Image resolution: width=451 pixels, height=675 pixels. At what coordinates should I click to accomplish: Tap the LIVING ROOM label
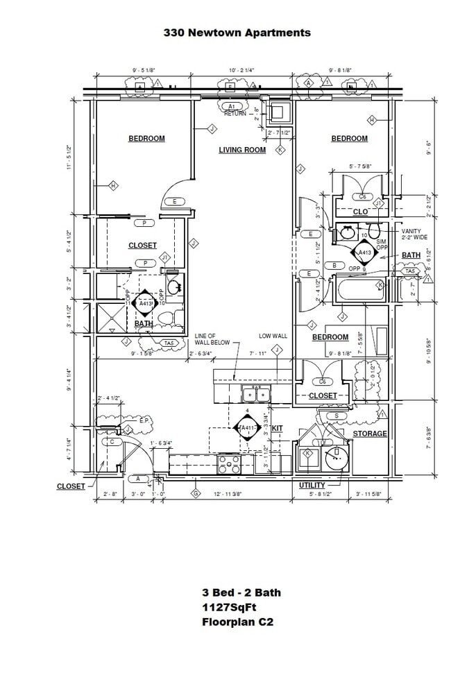click(242, 150)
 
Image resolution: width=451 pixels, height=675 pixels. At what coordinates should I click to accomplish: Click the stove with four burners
click(229, 461)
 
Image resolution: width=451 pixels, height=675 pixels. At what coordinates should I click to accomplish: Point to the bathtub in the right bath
click(360, 288)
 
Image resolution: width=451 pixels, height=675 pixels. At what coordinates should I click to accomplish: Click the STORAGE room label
click(369, 434)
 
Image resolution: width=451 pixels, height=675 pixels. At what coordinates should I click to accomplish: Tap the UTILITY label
click(312, 485)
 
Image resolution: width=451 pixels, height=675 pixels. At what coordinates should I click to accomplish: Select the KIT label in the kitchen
click(277, 428)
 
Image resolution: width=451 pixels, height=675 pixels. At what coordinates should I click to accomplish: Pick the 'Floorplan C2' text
click(237, 622)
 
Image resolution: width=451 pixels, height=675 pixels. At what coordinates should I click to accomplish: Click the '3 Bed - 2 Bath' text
click(241, 593)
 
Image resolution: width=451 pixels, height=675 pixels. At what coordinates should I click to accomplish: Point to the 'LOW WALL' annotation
click(273, 336)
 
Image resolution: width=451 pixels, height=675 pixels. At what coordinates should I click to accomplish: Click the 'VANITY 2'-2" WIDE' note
click(415, 235)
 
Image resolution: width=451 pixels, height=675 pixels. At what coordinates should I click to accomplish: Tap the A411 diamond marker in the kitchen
click(247, 429)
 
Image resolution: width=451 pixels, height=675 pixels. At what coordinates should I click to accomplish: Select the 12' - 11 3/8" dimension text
click(228, 494)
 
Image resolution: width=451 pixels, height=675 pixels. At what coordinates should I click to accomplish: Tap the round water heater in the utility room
click(337, 457)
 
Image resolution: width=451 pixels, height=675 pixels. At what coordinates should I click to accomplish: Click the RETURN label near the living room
click(235, 114)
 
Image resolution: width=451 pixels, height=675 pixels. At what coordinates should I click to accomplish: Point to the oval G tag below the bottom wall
click(196, 493)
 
